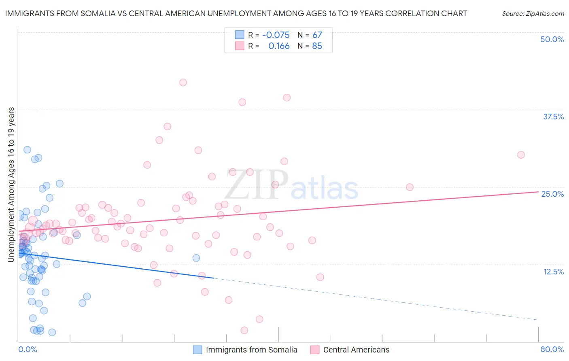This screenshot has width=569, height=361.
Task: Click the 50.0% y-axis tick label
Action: pyautogui.click(x=552, y=39)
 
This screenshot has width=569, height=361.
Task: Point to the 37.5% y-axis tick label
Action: pyautogui.click(x=553, y=117)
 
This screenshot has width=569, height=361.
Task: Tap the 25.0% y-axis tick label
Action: pyautogui.click(x=552, y=194)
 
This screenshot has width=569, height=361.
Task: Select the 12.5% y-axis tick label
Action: pyautogui.click(x=553, y=272)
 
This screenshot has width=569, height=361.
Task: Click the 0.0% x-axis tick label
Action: pyautogui.click(x=28, y=349)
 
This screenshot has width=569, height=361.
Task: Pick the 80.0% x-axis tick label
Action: pyautogui.click(x=552, y=349)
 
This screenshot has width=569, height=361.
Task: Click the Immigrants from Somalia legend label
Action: pyautogui.click(x=251, y=350)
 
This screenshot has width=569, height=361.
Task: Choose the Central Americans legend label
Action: pyautogui.click(x=356, y=350)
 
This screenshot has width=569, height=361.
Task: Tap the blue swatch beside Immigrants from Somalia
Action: pyautogui.click(x=197, y=350)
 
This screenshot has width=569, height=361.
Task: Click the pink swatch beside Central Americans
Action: pyautogui.click(x=315, y=350)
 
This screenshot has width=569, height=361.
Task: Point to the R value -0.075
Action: pyautogui.click(x=276, y=35)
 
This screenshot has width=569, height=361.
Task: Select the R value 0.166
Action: pyautogui.click(x=279, y=46)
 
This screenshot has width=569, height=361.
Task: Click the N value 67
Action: pyautogui.click(x=317, y=35)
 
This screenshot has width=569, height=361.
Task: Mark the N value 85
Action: pyautogui.click(x=317, y=46)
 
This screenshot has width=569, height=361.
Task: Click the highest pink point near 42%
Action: pyautogui.click(x=183, y=83)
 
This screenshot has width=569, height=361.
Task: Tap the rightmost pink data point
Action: pyautogui.click(x=521, y=155)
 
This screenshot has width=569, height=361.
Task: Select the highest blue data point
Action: pyautogui.click(x=27, y=150)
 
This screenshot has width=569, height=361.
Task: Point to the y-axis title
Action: pyautogui.click(x=11, y=184)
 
